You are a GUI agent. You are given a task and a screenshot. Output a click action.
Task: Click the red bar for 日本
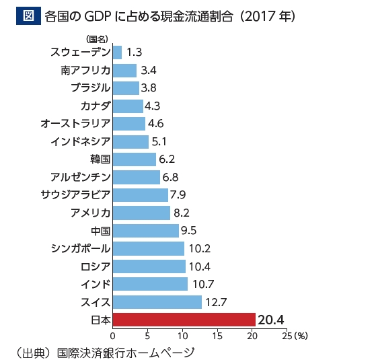point(184,319)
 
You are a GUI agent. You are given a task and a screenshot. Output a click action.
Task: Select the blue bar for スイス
point(157,301)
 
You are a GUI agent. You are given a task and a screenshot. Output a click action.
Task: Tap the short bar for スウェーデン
point(117,52)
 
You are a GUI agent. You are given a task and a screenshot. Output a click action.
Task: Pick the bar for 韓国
point(134,159)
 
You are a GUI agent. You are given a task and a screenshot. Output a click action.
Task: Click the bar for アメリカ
point(141,213)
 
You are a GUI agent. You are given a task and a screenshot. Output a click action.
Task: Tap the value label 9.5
point(193,231)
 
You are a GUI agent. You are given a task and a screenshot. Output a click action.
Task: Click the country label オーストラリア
point(75,123)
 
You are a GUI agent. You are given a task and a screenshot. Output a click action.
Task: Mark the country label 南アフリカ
point(85,69)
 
